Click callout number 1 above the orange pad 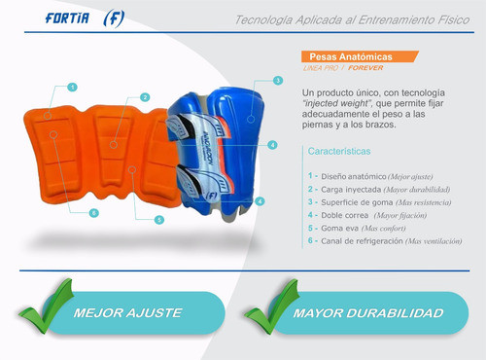[x=73, y=88]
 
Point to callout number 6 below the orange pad [x=94, y=212]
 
